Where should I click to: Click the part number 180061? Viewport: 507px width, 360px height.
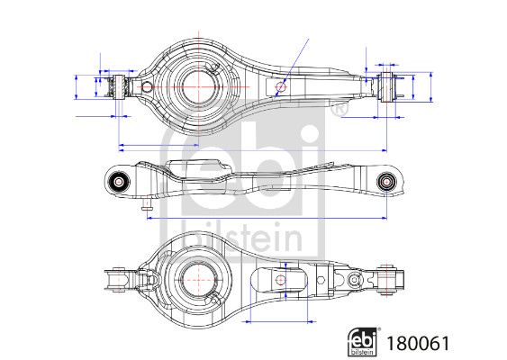418,343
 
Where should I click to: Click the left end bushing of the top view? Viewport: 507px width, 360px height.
115,87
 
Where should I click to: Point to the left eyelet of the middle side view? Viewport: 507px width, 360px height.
118,180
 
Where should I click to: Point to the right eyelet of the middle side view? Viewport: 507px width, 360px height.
388,181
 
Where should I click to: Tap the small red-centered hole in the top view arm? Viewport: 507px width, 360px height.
281,87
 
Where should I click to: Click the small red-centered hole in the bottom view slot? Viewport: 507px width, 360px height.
281,280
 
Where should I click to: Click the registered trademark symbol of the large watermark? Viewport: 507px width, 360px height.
339,111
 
